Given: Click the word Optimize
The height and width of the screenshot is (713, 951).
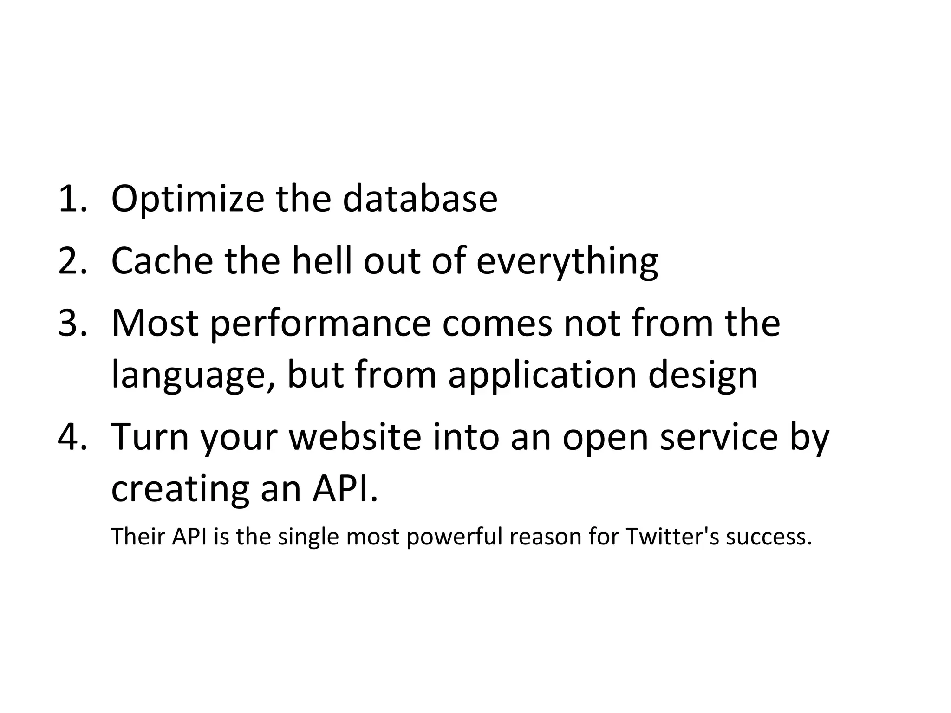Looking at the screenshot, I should (187, 199).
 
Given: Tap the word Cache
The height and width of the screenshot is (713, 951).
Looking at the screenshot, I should (163, 261).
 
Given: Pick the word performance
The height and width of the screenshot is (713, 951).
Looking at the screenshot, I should (320, 324).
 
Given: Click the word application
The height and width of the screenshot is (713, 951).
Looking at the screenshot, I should (542, 375).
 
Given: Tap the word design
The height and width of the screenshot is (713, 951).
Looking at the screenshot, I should (703, 375).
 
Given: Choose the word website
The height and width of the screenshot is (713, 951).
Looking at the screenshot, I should (355, 437).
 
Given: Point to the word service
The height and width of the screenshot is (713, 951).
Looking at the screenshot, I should (718, 437).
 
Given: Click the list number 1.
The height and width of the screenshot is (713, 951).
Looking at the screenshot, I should (72, 199).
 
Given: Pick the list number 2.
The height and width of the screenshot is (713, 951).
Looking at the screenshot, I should (72, 261).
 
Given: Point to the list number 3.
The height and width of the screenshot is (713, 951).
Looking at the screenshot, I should (72, 324).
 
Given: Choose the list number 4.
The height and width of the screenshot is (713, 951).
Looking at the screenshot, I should (72, 437).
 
